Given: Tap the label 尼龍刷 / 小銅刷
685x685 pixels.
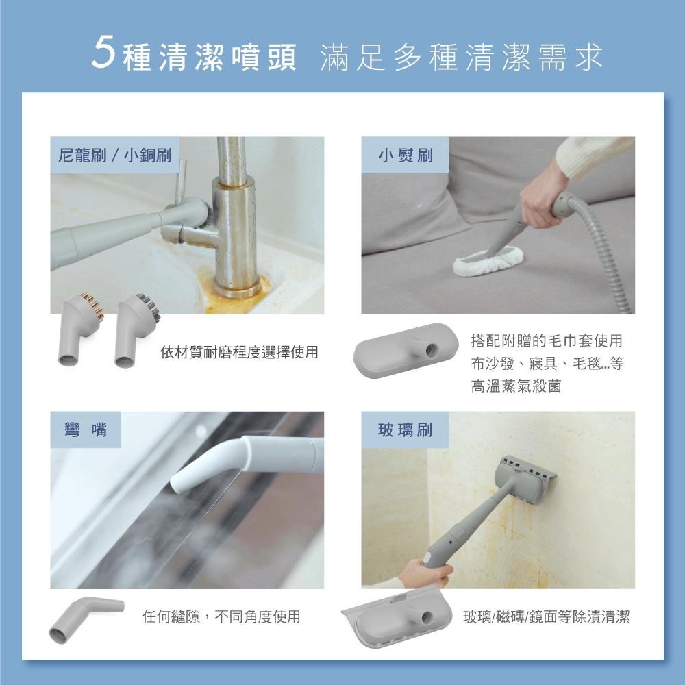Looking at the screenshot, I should point(115,155).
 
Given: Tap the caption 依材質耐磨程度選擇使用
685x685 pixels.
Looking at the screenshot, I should point(240,353).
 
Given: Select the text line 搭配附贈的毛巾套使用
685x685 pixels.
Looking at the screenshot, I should point(547,340).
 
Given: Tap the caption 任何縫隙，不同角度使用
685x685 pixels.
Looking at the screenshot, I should point(221,616).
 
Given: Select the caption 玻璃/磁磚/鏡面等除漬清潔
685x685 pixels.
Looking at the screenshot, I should point(546,616).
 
